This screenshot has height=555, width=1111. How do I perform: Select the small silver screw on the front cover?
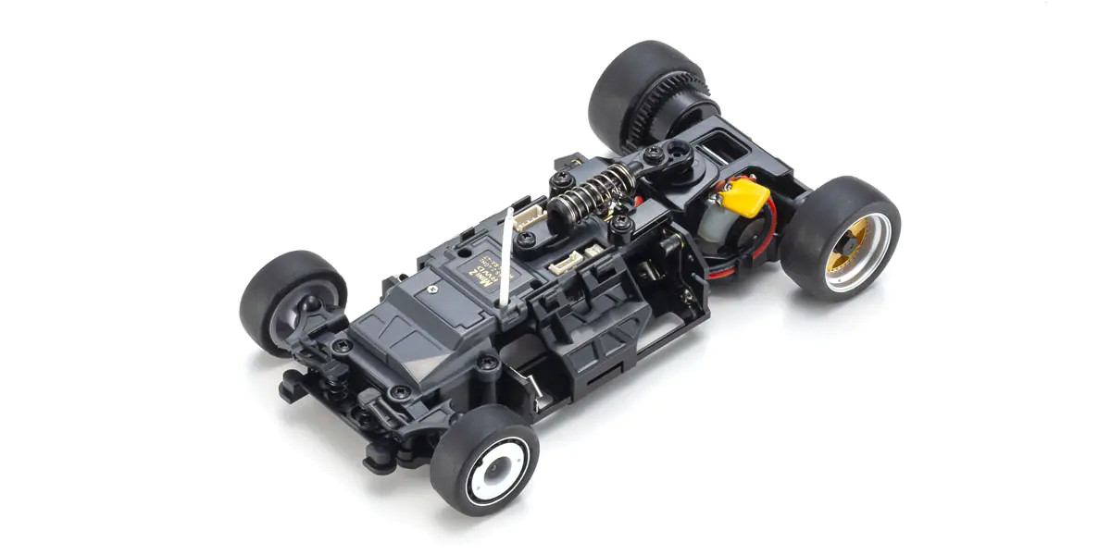[432, 289]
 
